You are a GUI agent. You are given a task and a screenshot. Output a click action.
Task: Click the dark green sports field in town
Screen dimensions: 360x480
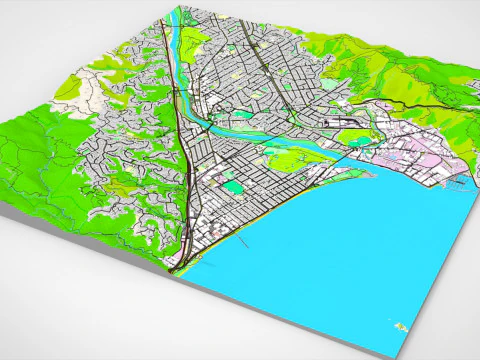click(x=232, y=186)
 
